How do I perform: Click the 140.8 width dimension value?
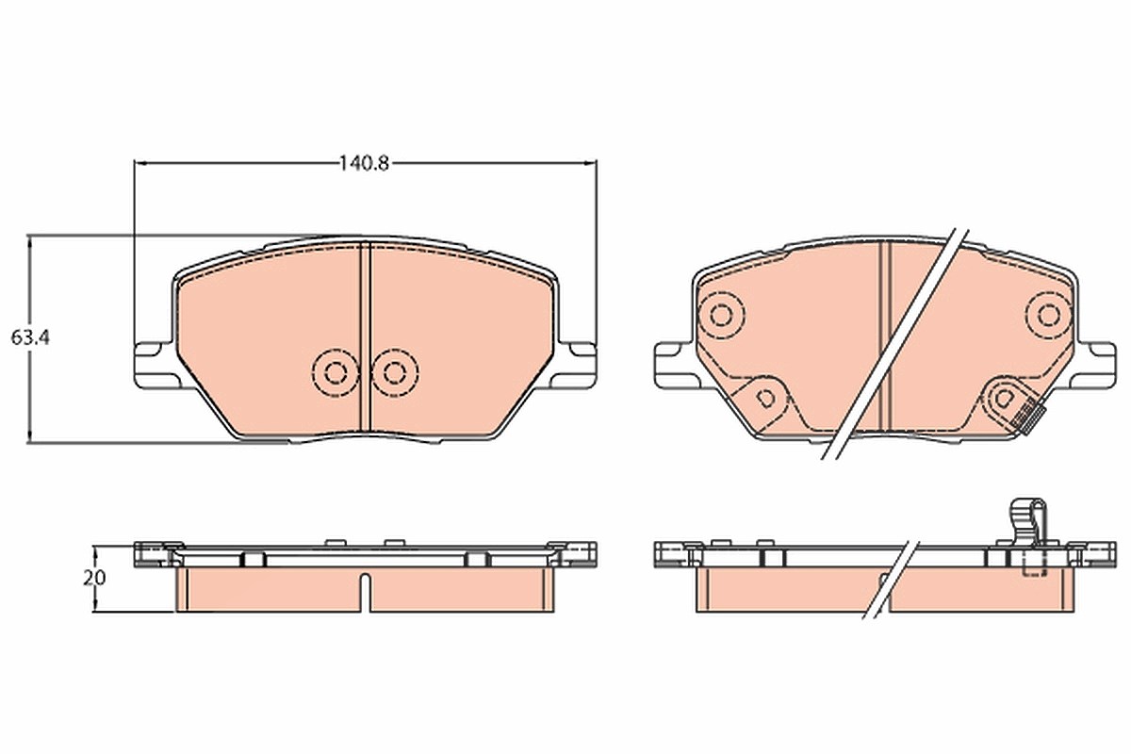coord(364,164)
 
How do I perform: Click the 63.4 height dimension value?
coord(30,337)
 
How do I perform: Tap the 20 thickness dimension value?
coord(94,578)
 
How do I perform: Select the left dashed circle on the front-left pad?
coord(336,372)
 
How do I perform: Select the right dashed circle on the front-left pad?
coord(394,372)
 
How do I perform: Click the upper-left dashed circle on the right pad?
coord(720,316)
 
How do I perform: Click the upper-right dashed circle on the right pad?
coord(1049,316)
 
